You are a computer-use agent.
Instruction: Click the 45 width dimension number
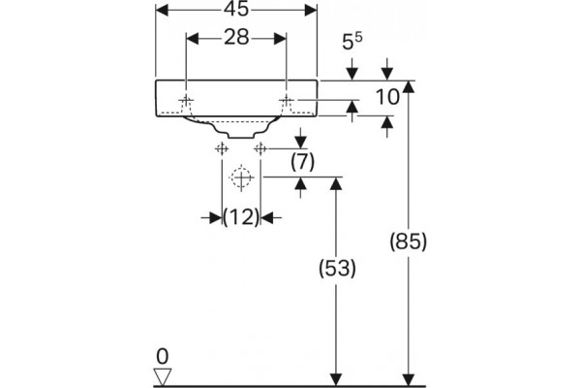236,9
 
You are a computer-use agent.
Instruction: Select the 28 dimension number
236,38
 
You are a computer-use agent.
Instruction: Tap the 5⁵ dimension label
352,41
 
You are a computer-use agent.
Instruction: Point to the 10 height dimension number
387,97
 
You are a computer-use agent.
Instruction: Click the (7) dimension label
302,162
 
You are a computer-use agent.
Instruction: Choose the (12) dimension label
241,217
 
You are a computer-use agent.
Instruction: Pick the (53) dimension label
337,268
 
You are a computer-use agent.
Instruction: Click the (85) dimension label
409,242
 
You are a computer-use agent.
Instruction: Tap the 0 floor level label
163,356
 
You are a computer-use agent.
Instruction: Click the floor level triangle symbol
163,377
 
